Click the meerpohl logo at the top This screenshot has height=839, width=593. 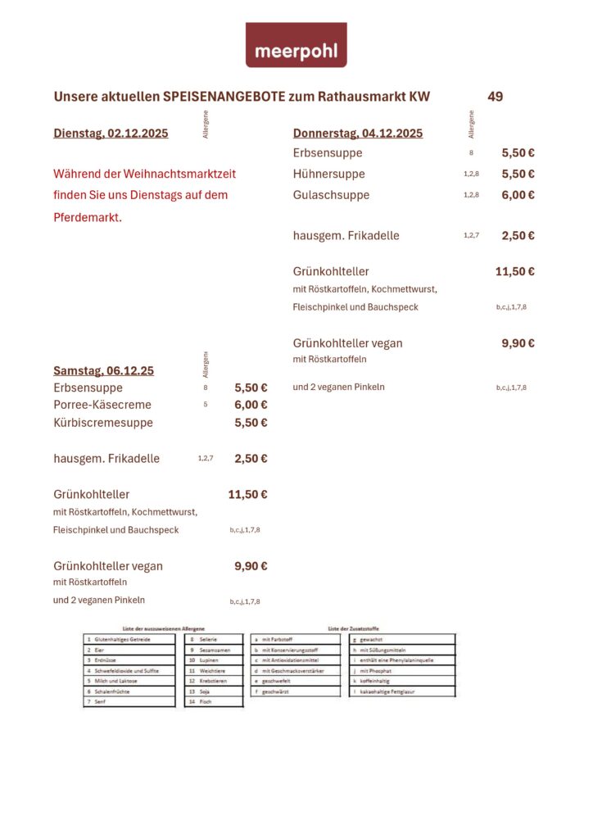(296, 45)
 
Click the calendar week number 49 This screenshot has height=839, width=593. (495, 97)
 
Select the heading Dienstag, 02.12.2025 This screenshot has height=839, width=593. (111, 134)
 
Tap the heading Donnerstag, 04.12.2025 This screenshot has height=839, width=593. (358, 134)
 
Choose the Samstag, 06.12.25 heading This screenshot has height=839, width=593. (103, 370)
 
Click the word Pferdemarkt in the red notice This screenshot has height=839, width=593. (87, 217)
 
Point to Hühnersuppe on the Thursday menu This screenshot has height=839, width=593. (328, 174)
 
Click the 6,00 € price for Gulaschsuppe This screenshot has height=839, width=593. (518, 195)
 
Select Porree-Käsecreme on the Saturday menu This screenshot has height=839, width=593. (102, 405)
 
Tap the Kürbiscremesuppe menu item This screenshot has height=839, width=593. (103, 423)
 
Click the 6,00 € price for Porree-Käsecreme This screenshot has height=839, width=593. (251, 405)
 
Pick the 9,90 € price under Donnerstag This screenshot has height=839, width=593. (518, 343)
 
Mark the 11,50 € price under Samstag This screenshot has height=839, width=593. (247, 495)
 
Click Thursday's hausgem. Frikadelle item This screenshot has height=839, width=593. (346, 235)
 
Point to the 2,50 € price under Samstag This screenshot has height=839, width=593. (251, 459)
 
